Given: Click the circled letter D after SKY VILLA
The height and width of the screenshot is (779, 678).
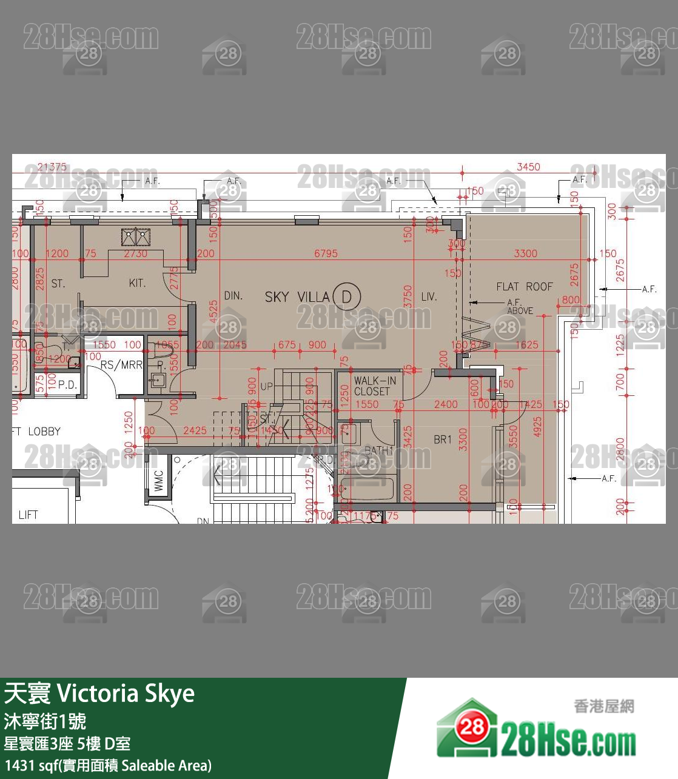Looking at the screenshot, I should [x=347, y=296].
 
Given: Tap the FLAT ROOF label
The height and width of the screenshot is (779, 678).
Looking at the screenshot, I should [x=525, y=287].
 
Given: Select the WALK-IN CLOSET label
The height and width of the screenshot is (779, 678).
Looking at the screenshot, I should [x=375, y=386].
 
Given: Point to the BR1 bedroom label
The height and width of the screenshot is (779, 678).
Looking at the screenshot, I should [x=443, y=440].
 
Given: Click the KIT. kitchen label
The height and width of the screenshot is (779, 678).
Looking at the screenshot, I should [x=137, y=283].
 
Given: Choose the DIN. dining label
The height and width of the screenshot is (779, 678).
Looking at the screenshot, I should [x=233, y=296].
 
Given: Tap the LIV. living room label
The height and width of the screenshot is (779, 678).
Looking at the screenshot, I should [x=429, y=296].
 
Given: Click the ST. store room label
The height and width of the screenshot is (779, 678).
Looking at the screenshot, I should [x=58, y=284].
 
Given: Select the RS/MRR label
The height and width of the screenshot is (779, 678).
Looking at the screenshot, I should [x=121, y=365].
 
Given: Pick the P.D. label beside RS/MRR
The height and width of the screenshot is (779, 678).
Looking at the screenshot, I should [x=67, y=384].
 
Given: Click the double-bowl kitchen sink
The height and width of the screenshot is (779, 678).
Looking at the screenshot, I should [x=136, y=236].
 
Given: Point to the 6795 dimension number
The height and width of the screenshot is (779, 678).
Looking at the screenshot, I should [x=326, y=253].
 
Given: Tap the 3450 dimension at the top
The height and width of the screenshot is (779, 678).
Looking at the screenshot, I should [x=528, y=167].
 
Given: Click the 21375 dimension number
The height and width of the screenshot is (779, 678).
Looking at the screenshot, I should [x=52, y=167].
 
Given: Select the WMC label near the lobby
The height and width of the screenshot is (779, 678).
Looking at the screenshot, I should [x=159, y=481].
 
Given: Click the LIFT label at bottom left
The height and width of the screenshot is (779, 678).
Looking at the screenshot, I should [x=28, y=515].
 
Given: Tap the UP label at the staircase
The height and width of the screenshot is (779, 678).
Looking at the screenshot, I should [x=267, y=386].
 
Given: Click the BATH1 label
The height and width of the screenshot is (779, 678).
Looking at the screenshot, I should [x=378, y=450].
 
